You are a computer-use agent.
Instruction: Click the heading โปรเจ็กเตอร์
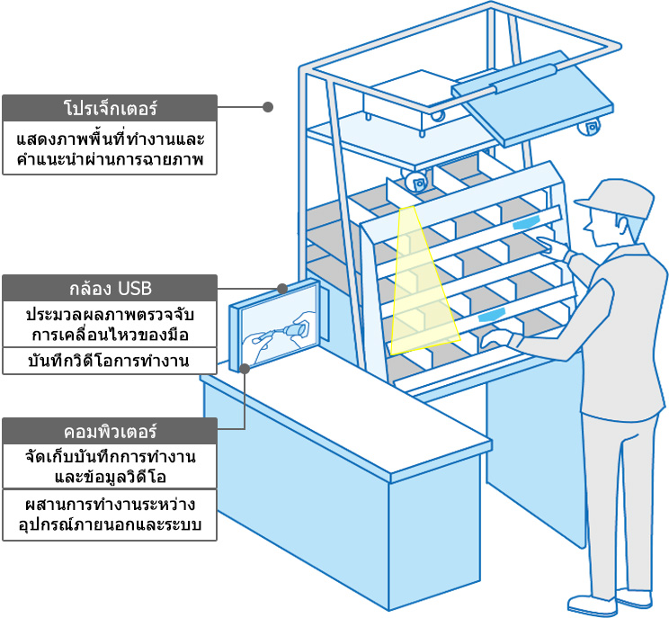110,108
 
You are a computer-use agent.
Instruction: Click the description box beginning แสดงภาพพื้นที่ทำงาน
110,148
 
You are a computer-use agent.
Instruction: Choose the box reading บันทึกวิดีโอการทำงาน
110,362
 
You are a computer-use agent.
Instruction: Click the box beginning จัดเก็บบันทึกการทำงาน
110,466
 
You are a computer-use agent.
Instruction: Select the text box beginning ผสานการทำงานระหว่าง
110,515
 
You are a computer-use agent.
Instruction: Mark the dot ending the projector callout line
267,107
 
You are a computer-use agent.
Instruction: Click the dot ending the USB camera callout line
282,289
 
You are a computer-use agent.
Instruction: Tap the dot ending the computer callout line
245,367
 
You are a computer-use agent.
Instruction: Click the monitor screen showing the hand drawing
280,329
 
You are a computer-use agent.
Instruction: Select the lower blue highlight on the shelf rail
493,315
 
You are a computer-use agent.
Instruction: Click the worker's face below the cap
603,225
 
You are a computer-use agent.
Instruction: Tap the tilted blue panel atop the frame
540,108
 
